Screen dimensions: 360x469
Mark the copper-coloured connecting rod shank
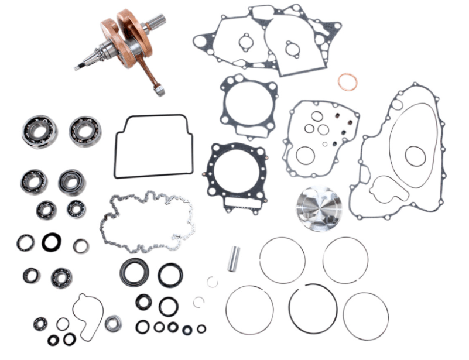pyautogui.click(x=148, y=73)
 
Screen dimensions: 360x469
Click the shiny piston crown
pyautogui.click(x=320, y=208)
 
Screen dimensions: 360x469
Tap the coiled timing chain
pyautogui.click(x=146, y=221)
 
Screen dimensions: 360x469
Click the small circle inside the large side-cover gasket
pyautogui.click(x=415, y=155)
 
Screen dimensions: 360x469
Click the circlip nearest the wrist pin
pyautogui.click(x=212, y=282)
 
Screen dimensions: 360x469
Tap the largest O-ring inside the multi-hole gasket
pyautogui.click(x=305, y=156)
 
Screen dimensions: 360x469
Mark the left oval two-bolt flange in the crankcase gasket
pyautogui.click(x=244, y=42)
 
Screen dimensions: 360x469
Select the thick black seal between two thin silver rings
pyautogui.click(x=51, y=242)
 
